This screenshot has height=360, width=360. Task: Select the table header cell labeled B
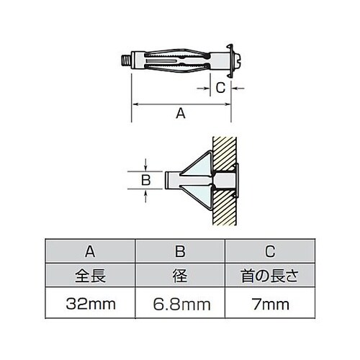point(181,251)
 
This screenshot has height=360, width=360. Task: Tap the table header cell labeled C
point(269,251)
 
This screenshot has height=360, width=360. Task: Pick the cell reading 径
point(181,274)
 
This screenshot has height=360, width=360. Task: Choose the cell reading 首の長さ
point(269,274)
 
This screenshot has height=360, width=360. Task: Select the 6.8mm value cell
point(181,303)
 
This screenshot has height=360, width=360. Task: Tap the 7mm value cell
point(269,303)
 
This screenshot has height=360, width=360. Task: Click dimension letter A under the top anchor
point(181,113)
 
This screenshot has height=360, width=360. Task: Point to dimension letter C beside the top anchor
point(221,88)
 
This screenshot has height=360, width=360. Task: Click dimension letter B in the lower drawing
point(145,179)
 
